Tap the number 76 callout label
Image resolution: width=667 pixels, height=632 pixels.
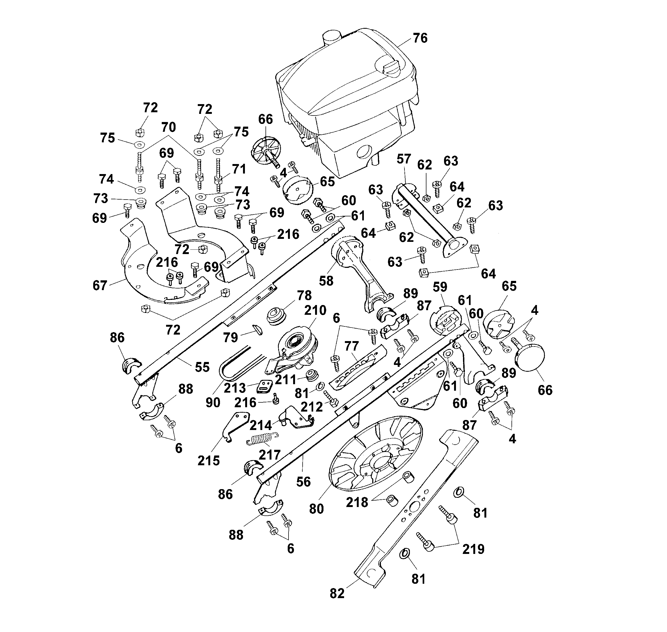420,38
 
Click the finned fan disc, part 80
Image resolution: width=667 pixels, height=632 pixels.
375,453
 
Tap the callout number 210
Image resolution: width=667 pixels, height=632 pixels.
315,310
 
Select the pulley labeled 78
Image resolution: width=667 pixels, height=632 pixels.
277,316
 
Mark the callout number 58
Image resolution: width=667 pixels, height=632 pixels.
326,280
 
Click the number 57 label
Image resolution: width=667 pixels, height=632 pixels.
404,159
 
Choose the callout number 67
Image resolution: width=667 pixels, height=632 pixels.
100,285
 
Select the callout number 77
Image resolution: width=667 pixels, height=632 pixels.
351,346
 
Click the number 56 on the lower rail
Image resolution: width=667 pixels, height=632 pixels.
303,482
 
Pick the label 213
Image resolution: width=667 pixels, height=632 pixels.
235,388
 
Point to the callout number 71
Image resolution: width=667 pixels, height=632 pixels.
239,169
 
